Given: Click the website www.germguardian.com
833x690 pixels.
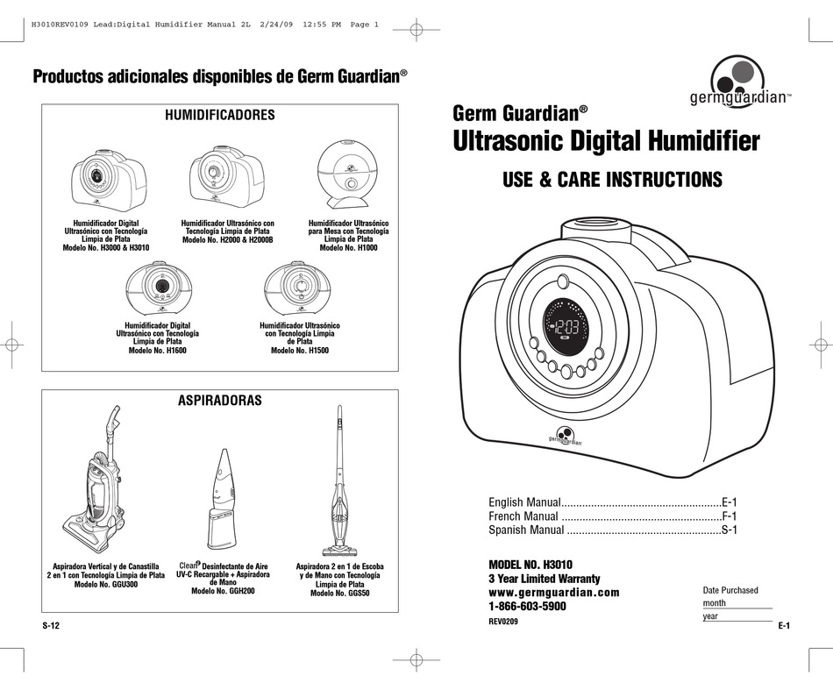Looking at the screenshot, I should pos(553,593).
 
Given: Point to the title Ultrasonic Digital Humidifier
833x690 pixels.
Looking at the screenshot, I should pos(606,139).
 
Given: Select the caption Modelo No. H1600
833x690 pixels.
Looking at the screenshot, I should pos(158,350).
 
